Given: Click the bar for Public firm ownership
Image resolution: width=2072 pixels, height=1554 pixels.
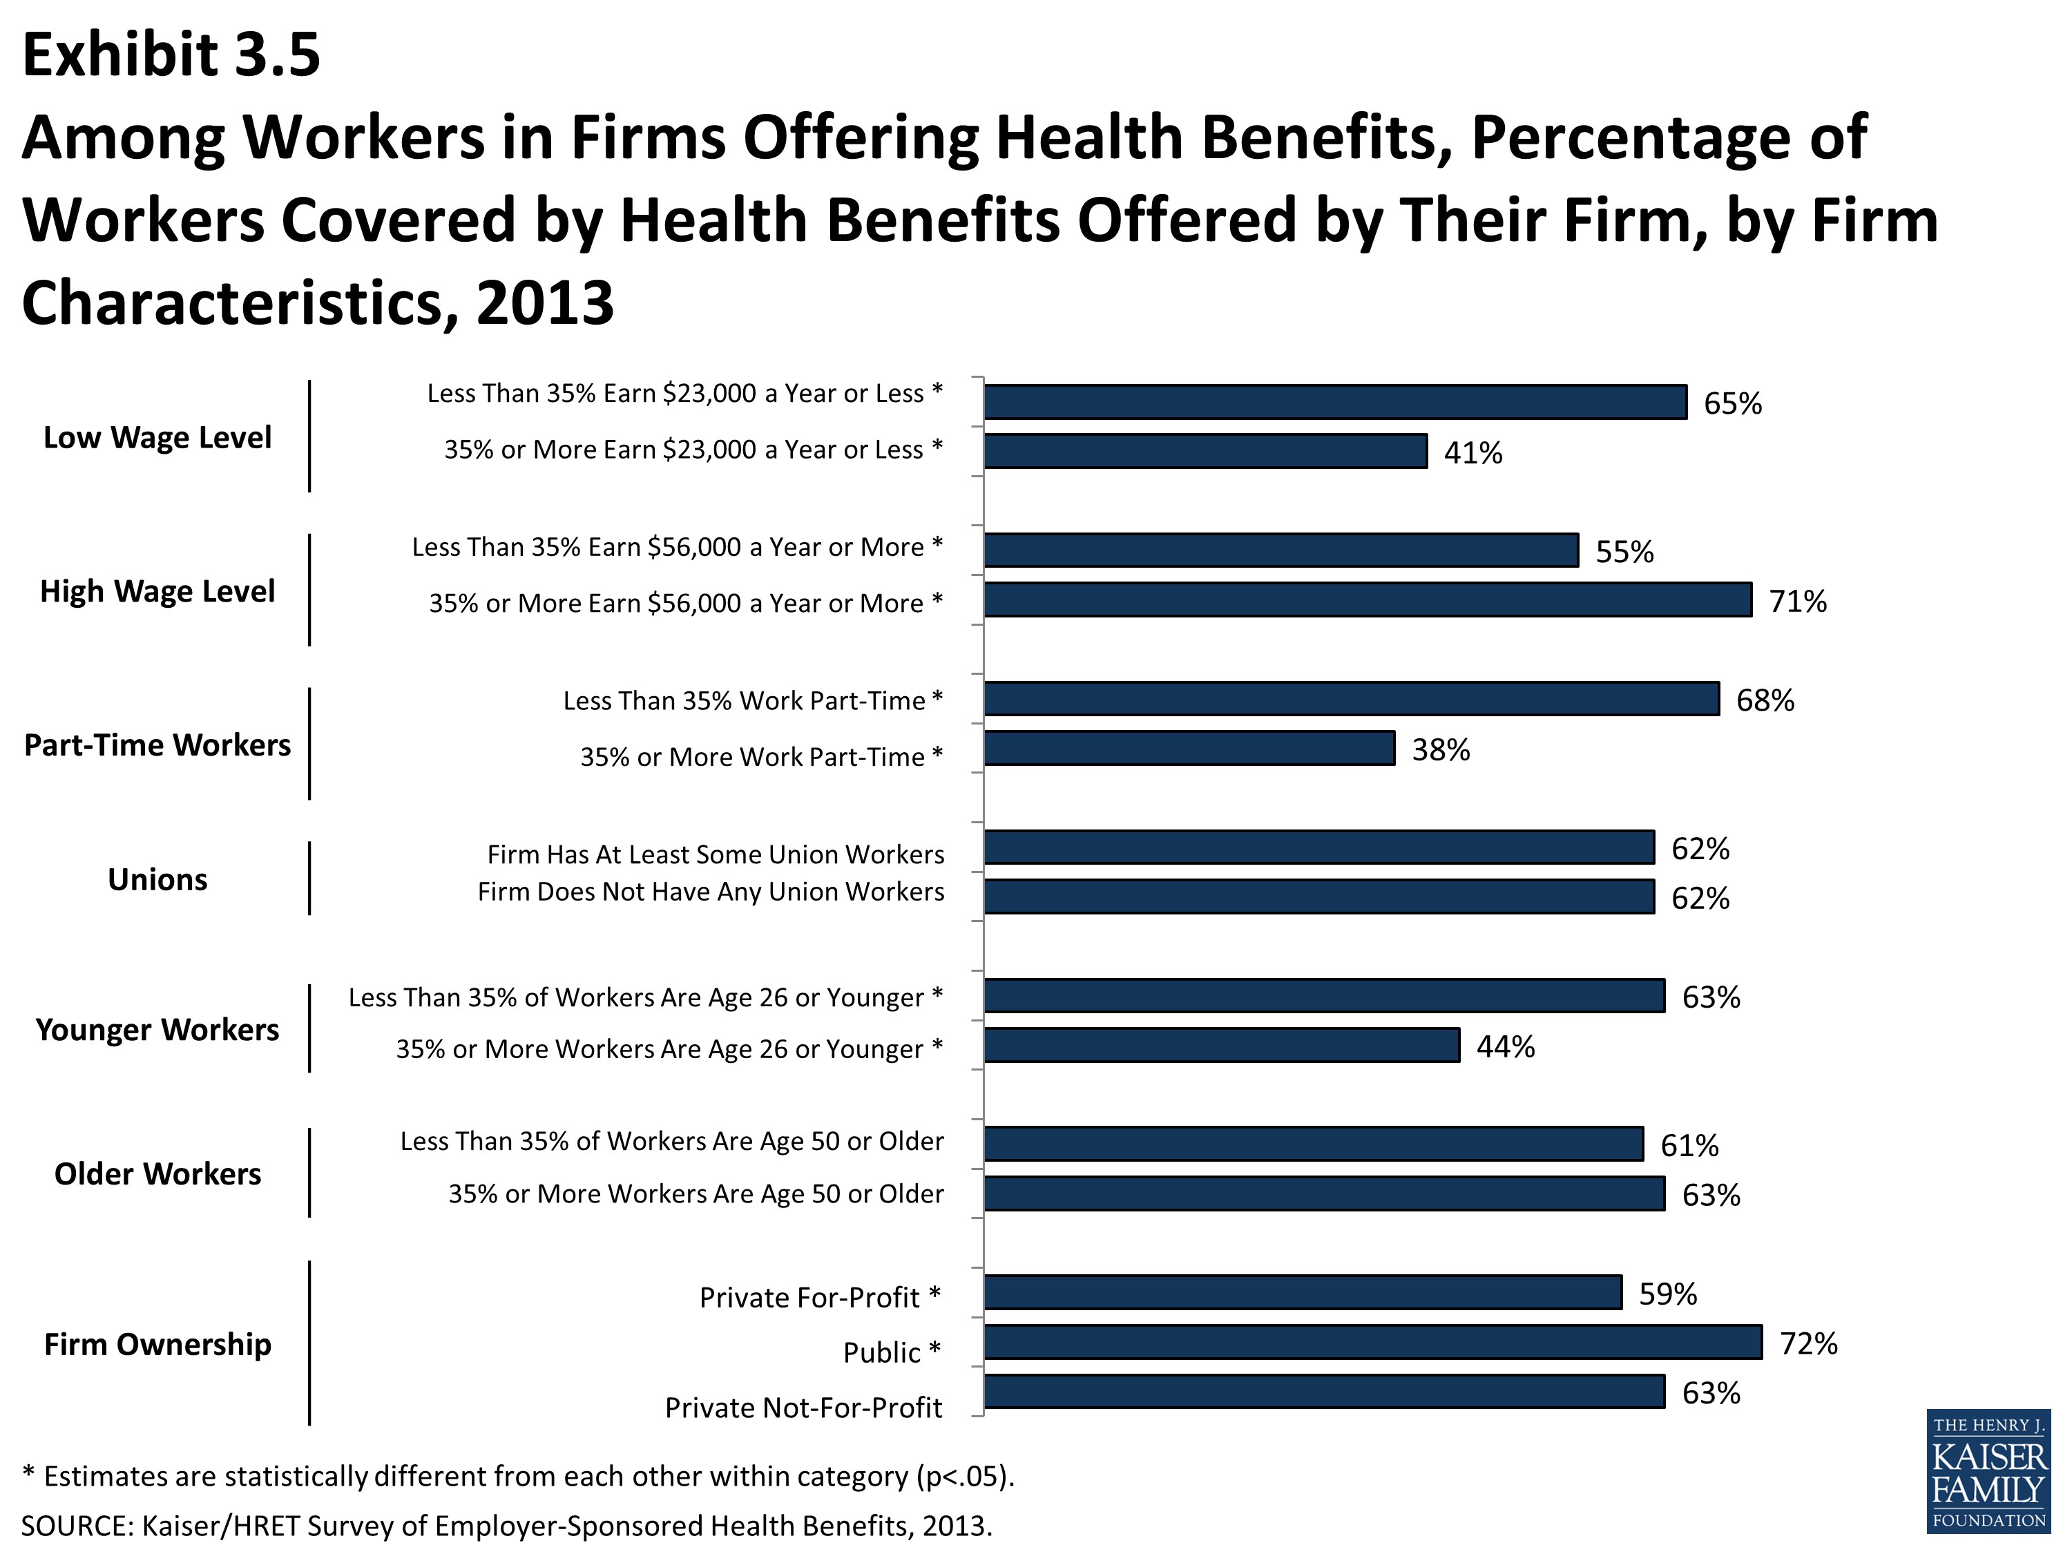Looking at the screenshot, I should (1372, 1341).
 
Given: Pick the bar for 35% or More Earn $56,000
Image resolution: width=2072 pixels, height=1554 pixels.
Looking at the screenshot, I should (1368, 599).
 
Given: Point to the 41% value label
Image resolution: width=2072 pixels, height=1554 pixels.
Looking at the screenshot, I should (1473, 453).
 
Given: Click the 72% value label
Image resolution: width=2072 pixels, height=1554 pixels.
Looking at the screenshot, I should (1808, 1343).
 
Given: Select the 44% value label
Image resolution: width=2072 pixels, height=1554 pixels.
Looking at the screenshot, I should (1505, 1046).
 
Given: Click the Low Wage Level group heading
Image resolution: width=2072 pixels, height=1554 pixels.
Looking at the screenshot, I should (157, 437).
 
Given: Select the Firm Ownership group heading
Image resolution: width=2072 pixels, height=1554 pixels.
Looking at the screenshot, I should (157, 1344).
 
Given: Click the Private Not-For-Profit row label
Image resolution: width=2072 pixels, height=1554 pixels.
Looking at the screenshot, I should (803, 1408).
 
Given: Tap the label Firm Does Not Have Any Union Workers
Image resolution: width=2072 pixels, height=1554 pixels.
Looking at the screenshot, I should (710, 892).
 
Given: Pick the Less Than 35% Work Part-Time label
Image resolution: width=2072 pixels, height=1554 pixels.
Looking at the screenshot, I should (752, 700).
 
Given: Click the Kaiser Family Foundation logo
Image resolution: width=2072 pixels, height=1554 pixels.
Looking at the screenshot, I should (1988, 1470).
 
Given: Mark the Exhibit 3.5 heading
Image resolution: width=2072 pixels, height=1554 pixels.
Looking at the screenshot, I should (171, 55).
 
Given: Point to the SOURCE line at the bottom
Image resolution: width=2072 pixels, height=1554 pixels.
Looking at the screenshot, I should (506, 1526).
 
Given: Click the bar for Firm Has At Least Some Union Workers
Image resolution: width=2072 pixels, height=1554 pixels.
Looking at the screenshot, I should (1319, 847).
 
